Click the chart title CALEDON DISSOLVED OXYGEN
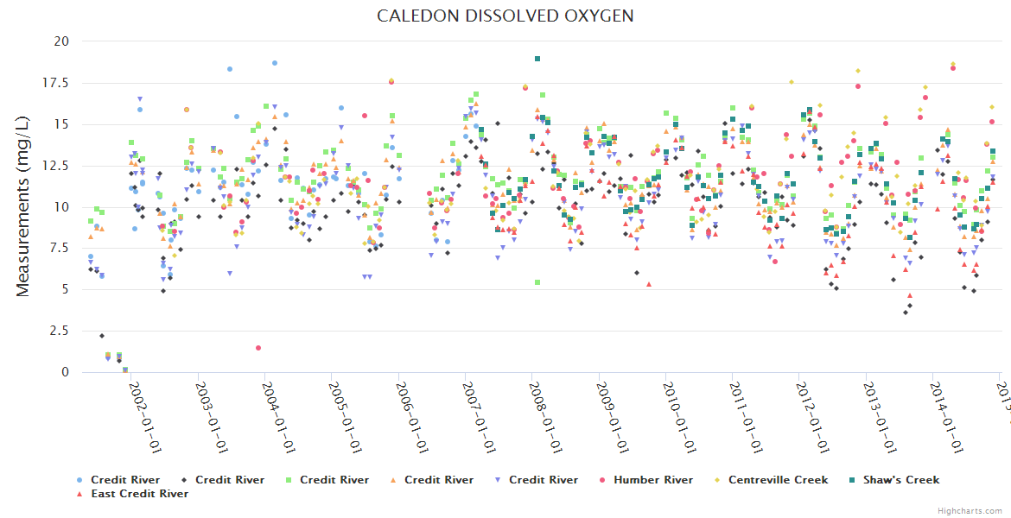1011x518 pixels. [505, 16]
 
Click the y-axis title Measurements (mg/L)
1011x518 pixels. [23, 206]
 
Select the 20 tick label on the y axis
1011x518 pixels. [60, 41]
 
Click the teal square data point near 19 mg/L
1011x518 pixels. [537, 59]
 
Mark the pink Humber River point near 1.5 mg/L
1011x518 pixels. [258, 348]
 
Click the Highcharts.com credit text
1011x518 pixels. [970, 511]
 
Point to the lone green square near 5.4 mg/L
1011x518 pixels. [537, 282]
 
